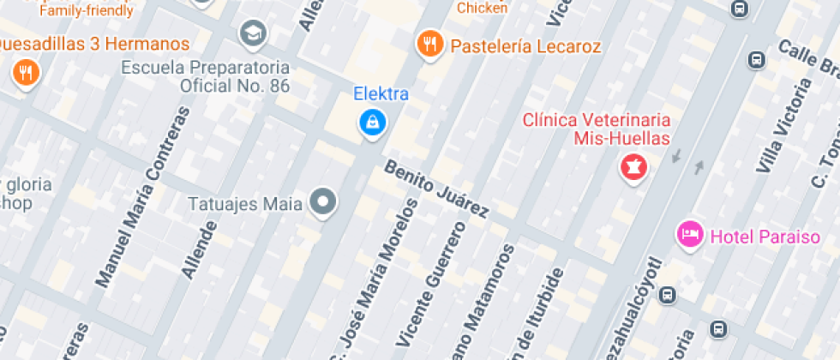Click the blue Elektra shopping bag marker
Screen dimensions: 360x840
point(373,122)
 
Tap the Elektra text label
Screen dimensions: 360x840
point(381,94)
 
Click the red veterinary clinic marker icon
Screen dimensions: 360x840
point(634,165)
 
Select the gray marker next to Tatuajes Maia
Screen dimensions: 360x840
point(323,203)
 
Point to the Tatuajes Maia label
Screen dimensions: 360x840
point(245,204)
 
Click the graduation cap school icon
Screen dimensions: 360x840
point(253,34)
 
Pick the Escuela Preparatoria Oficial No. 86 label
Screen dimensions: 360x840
point(206,76)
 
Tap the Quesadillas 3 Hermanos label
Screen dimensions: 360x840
point(93,44)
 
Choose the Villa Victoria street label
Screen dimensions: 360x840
point(781,125)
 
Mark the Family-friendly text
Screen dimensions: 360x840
point(87,11)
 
